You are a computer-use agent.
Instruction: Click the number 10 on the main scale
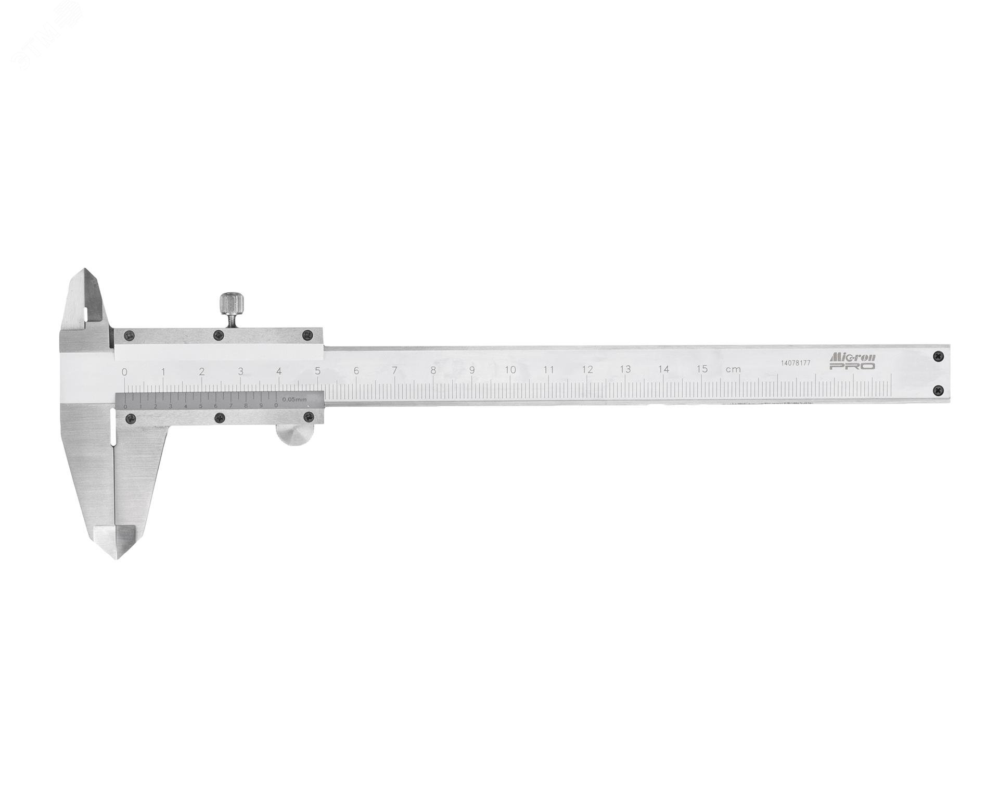pos(510,370)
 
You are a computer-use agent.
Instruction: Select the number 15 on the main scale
pos(702,369)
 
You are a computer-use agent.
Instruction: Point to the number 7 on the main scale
pos(395,371)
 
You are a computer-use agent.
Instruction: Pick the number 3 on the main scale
pos(240,371)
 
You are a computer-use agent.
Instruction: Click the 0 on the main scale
pos(124,372)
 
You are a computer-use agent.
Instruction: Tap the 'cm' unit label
pos(733,369)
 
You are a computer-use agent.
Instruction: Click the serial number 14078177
pos(796,363)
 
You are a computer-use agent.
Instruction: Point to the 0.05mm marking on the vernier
pos(294,399)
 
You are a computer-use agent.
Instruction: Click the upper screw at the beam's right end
pos(938,356)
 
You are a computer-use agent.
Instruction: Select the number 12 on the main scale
pos(587,370)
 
